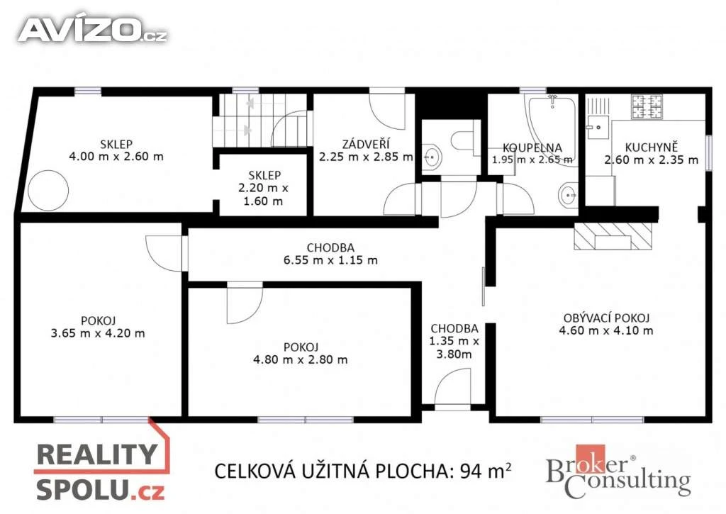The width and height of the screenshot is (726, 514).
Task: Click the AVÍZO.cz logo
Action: point(93,30)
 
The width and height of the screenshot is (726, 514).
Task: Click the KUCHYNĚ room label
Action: point(651,147)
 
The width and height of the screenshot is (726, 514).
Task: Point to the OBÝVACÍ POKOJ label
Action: point(606,318)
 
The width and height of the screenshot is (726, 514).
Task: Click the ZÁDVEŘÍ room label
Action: point(366,144)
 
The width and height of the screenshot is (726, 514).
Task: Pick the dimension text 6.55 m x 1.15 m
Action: point(330,260)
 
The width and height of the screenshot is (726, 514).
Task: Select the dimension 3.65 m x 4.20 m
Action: point(98,333)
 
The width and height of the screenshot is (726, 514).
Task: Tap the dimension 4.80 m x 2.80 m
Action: point(300,360)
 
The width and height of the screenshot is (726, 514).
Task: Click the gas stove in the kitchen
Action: point(647,106)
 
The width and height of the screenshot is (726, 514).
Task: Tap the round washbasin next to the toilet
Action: point(432,157)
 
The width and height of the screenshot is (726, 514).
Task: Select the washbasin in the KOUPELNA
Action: point(568,196)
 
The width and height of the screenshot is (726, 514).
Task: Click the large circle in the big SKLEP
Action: point(48,190)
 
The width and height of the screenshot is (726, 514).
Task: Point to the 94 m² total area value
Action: point(486,471)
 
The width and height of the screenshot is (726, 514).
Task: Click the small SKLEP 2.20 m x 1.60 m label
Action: point(264,188)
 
